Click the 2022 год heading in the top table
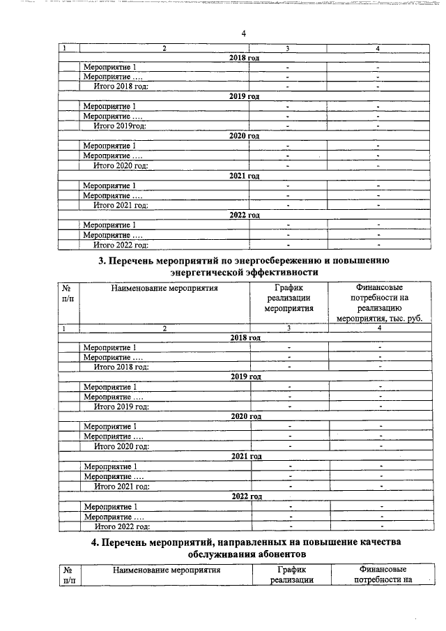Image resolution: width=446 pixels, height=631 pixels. coord(244,215)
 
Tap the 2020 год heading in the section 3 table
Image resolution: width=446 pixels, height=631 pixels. coord(245,416)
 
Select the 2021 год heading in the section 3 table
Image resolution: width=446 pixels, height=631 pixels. coord(245,456)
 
